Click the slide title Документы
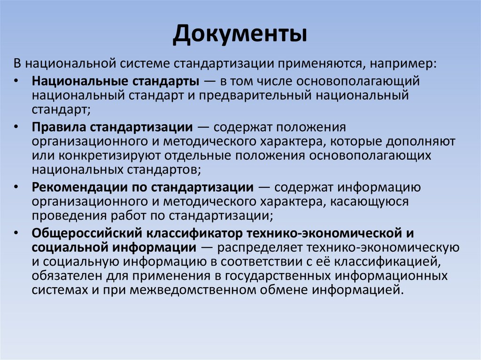click(x=240, y=35)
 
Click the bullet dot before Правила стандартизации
click(x=17, y=127)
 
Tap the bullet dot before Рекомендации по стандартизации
click(x=17, y=188)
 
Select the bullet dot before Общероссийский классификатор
click(x=17, y=233)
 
